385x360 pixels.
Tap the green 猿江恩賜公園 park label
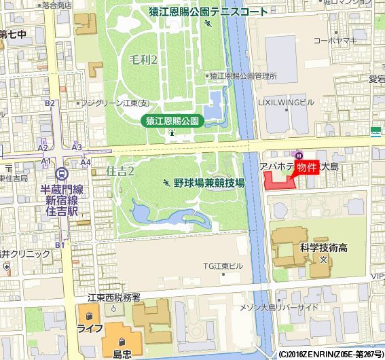point(172,120)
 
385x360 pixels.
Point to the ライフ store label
point(90,328)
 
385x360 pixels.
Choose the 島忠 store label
point(122,353)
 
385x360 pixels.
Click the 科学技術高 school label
point(323,247)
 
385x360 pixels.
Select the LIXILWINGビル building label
point(286,102)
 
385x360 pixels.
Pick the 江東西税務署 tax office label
point(113,298)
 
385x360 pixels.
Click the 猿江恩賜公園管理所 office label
point(243,75)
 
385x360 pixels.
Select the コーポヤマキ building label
point(335,41)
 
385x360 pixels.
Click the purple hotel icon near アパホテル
point(297,152)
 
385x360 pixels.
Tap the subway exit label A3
point(77,147)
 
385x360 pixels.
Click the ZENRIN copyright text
point(330,355)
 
